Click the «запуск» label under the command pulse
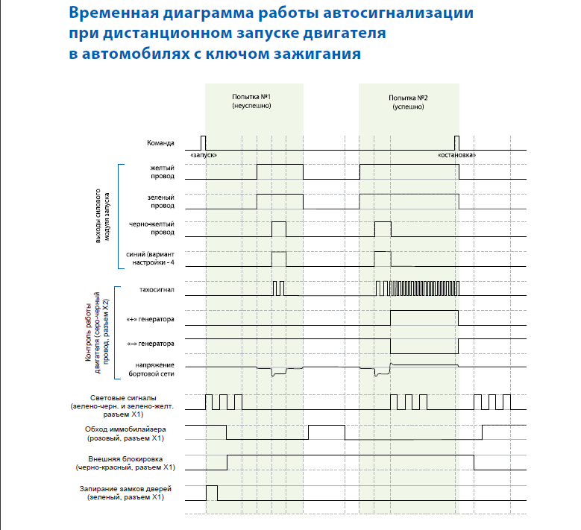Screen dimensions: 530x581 (204, 154)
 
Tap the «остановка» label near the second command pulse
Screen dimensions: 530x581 (457, 154)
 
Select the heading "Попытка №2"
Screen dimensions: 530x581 (408, 98)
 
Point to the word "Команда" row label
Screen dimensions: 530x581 (160, 142)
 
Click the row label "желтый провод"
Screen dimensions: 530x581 (162, 173)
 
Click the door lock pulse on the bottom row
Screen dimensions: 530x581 (212, 493)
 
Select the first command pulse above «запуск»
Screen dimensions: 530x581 (203, 142)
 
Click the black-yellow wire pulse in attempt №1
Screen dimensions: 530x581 (278, 229)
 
